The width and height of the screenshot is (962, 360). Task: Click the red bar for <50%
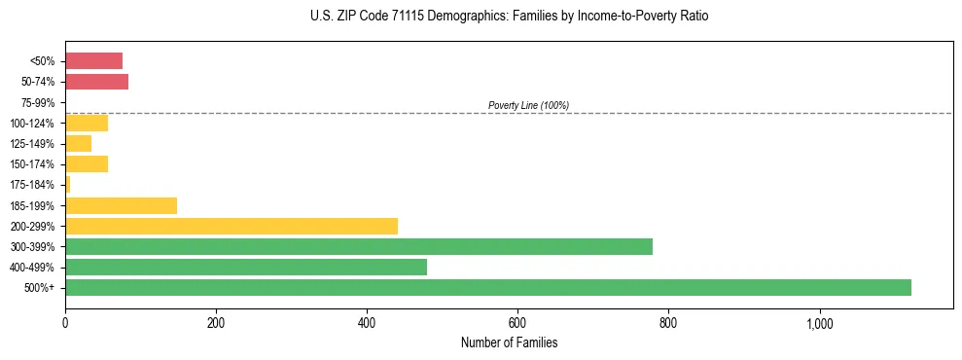tap(93, 61)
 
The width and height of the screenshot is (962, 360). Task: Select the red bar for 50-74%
tap(96, 82)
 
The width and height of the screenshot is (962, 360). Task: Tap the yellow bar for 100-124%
tap(87, 123)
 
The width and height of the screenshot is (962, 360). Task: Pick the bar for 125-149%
tap(78, 143)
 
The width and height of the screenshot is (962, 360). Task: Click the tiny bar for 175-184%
tap(68, 184)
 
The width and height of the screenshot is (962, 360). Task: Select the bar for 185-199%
tap(121, 205)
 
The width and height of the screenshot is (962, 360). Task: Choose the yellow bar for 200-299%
tap(232, 226)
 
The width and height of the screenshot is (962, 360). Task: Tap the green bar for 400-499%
tap(246, 267)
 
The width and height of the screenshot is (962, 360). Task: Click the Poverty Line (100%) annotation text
tap(528, 105)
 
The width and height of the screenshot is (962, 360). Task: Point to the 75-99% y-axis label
tap(39, 102)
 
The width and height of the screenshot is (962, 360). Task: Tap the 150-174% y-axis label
tap(36, 164)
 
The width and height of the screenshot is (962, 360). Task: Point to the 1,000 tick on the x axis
tap(819, 323)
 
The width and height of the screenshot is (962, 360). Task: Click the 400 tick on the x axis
tap(367, 323)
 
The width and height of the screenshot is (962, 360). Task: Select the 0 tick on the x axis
tap(65, 323)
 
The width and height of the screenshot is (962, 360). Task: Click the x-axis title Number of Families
tap(509, 342)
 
